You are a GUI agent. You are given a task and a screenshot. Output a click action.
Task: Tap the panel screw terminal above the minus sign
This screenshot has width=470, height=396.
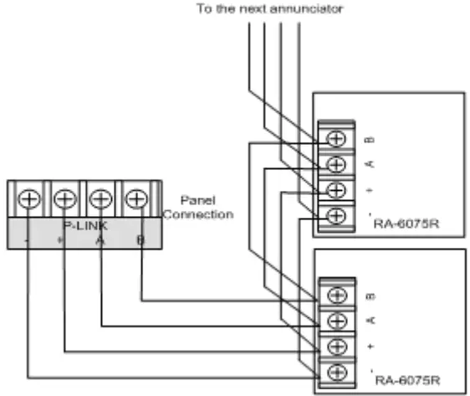[x=28, y=200]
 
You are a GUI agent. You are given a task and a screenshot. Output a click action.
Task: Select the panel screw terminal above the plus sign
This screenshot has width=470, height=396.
[x=64, y=200]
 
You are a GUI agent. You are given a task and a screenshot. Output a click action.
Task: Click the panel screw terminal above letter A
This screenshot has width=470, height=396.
[x=100, y=200]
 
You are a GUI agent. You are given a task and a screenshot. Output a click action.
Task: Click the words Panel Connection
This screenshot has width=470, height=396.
[x=198, y=208]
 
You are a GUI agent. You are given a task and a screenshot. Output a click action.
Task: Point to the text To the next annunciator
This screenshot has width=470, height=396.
[x=269, y=9]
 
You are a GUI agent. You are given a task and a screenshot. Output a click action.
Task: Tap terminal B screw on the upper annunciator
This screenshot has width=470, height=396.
[x=337, y=138]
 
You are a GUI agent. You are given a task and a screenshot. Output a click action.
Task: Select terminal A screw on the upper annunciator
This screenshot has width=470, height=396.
[x=337, y=163]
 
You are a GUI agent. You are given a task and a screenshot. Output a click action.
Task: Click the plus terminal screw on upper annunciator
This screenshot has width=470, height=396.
[x=337, y=189]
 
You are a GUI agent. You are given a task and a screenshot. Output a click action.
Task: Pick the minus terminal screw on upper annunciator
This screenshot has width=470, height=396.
[x=337, y=215]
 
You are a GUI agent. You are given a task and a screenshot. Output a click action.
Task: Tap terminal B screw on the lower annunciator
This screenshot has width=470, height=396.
[x=337, y=295]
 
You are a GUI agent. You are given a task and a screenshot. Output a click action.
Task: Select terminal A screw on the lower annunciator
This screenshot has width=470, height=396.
[x=337, y=320]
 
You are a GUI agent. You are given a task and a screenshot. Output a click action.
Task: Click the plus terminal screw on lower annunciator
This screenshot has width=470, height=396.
[x=337, y=345]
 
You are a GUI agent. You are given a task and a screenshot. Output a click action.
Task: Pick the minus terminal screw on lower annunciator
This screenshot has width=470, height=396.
[x=337, y=371]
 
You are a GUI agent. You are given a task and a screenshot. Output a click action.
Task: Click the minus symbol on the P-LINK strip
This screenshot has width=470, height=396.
[x=28, y=240]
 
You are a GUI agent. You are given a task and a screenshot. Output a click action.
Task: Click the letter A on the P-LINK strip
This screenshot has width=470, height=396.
[x=100, y=240]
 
